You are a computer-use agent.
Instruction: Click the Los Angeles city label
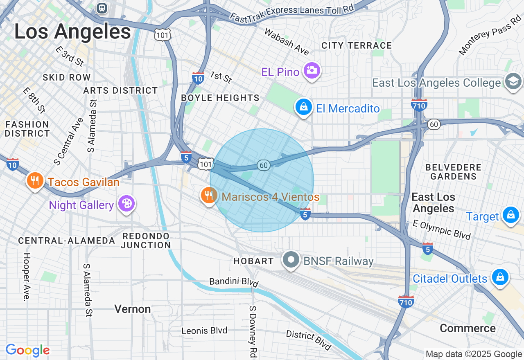(72, 32)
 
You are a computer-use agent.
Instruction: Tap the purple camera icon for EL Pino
(312, 71)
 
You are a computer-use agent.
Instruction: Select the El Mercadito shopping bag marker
(304, 107)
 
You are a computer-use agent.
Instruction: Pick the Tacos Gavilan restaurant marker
(35, 181)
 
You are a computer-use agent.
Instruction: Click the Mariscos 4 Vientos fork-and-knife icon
(209, 196)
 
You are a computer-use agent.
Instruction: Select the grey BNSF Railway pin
(291, 260)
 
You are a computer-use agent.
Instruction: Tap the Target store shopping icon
(510, 215)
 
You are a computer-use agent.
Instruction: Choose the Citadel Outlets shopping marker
(500, 277)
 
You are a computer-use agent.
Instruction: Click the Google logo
(27, 350)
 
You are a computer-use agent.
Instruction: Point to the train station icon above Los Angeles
(102, 8)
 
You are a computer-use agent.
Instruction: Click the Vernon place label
(133, 309)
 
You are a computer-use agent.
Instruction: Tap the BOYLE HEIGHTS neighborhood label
(220, 98)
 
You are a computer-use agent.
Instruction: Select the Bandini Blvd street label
(234, 282)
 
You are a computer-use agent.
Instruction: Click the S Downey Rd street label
(253, 330)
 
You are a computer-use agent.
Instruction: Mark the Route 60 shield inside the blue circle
(264, 165)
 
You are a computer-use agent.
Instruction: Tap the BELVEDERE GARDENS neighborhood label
(453, 172)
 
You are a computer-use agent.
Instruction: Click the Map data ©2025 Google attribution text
(474, 354)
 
